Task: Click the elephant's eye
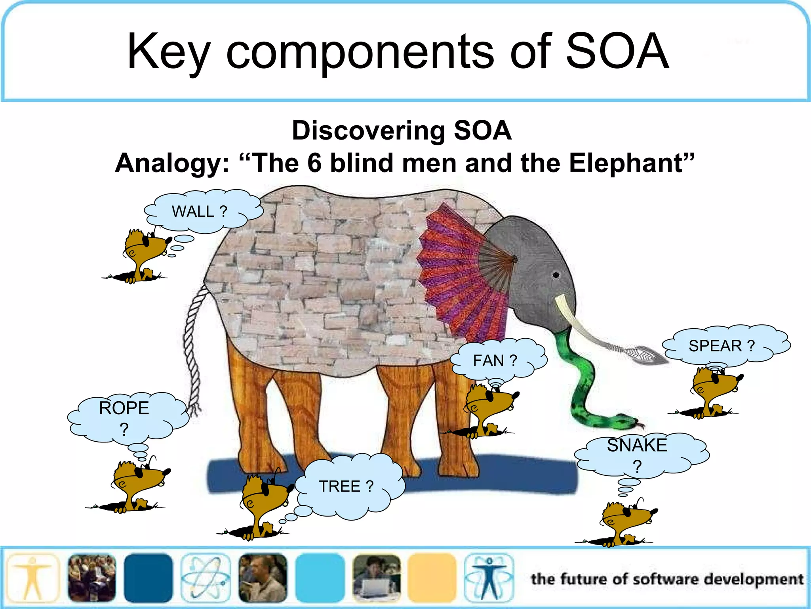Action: (x=556, y=275)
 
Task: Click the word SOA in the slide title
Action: (x=617, y=52)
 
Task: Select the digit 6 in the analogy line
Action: (x=314, y=163)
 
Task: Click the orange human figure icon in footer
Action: (x=33, y=578)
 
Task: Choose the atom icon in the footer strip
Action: (x=205, y=578)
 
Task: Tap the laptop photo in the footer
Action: (x=376, y=578)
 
